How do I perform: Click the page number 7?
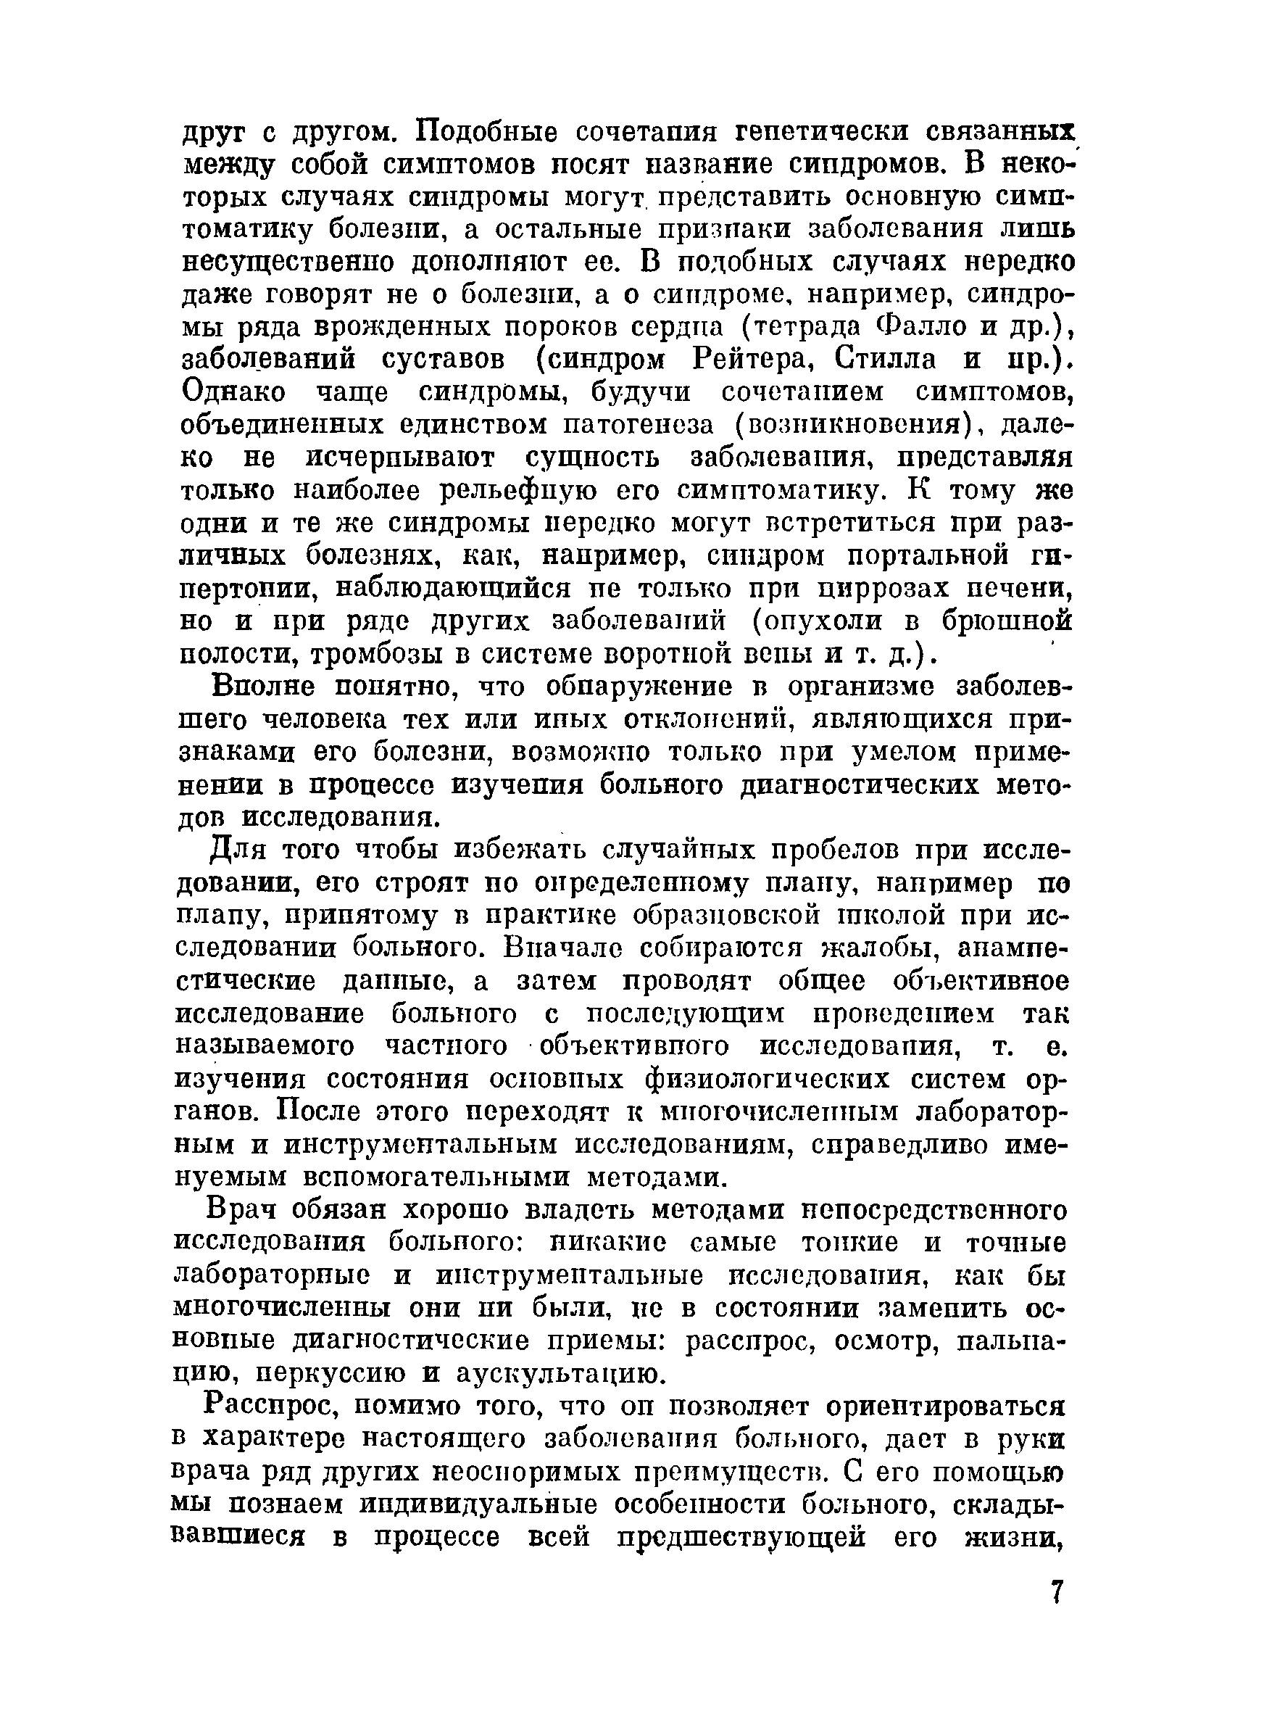(x=1057, y=1591)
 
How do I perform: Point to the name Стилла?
(x=883, y=359)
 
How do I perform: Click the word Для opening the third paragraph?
(x=234, y=851)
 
